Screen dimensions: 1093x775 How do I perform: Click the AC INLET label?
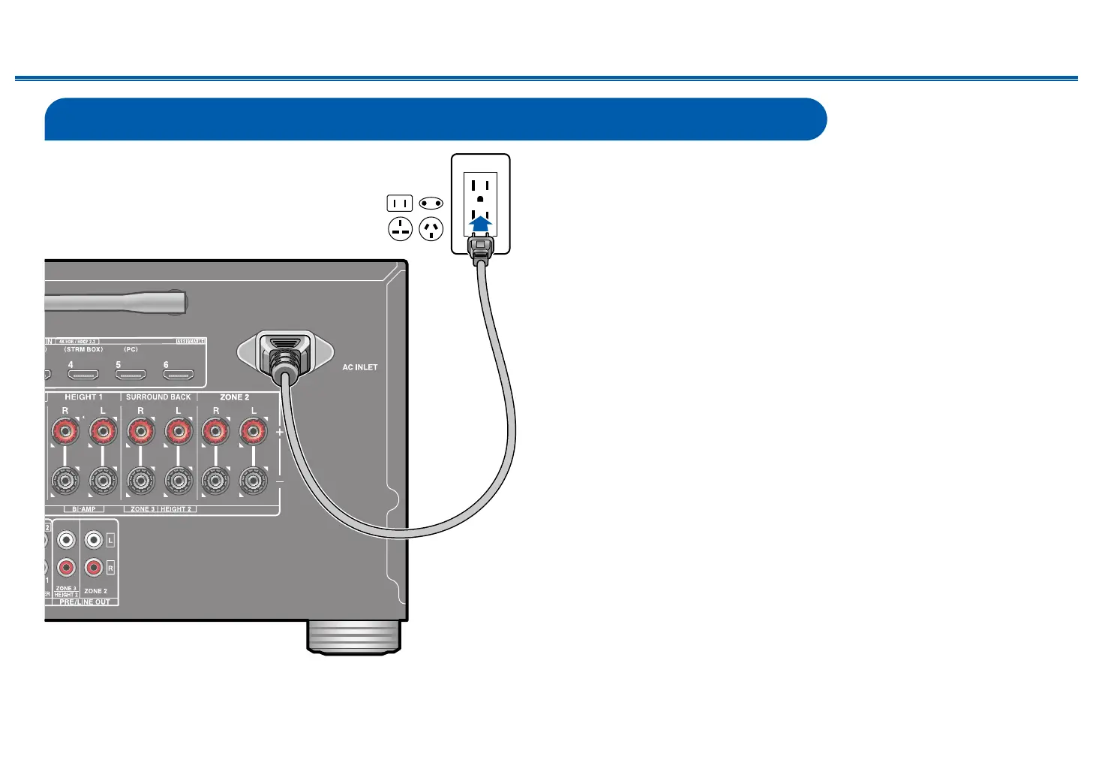[x=360, y=367]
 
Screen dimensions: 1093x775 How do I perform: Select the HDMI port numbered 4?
[x=83, y=374]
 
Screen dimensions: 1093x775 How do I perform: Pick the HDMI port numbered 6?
[x=179, y=374]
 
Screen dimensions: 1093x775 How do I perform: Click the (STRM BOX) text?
[x=83, y=349]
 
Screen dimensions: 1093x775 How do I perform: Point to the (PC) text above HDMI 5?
[x=131, y=349]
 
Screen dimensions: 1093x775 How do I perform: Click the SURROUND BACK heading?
[x=158, y=397]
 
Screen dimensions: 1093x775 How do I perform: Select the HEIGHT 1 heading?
[x=83, y=397]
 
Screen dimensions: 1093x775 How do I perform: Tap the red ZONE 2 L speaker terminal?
[x=254, y=432]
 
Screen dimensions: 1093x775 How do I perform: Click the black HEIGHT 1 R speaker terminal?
[x=65, y=480]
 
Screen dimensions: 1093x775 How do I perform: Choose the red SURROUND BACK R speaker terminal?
[x=140, y=432]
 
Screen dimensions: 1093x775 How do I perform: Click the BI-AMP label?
[x=84, y=509]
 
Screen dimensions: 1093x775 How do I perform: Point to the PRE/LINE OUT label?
[x=85, y=602]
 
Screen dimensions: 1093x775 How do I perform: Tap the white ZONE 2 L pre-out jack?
[x=93, y=540]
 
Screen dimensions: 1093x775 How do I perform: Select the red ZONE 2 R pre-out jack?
[x=93, y=568]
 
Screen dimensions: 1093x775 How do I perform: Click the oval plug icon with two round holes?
[x=431, y=203]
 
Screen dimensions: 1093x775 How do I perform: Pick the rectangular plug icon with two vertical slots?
[x=400, y=203]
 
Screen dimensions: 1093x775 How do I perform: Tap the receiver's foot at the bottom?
[x=353, y=637]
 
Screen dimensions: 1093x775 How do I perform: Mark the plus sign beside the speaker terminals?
[x=280, y=432]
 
